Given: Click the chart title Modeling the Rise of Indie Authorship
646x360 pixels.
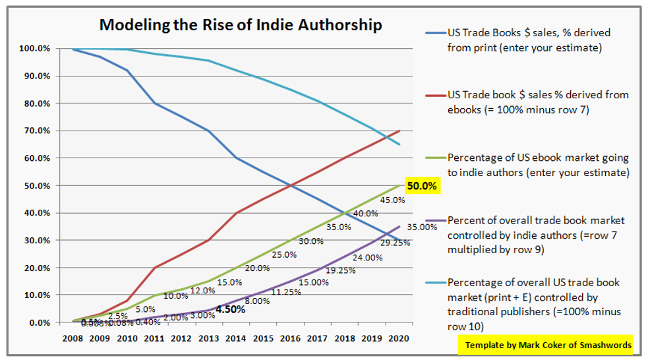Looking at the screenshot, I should (x=241, y=26).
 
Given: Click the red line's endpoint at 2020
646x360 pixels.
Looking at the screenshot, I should (x=399, y=131).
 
